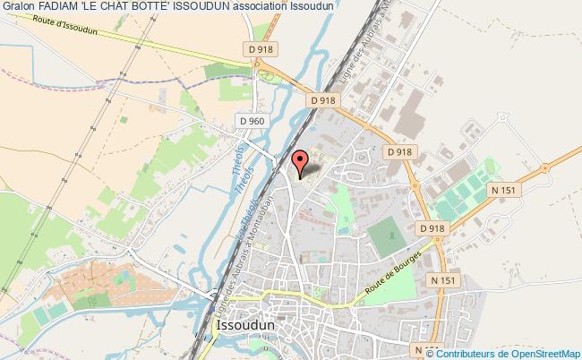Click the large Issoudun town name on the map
(x=245, y=327)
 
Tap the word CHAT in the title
(x=126, y=6)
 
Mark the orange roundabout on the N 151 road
(x=545, y=167)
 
